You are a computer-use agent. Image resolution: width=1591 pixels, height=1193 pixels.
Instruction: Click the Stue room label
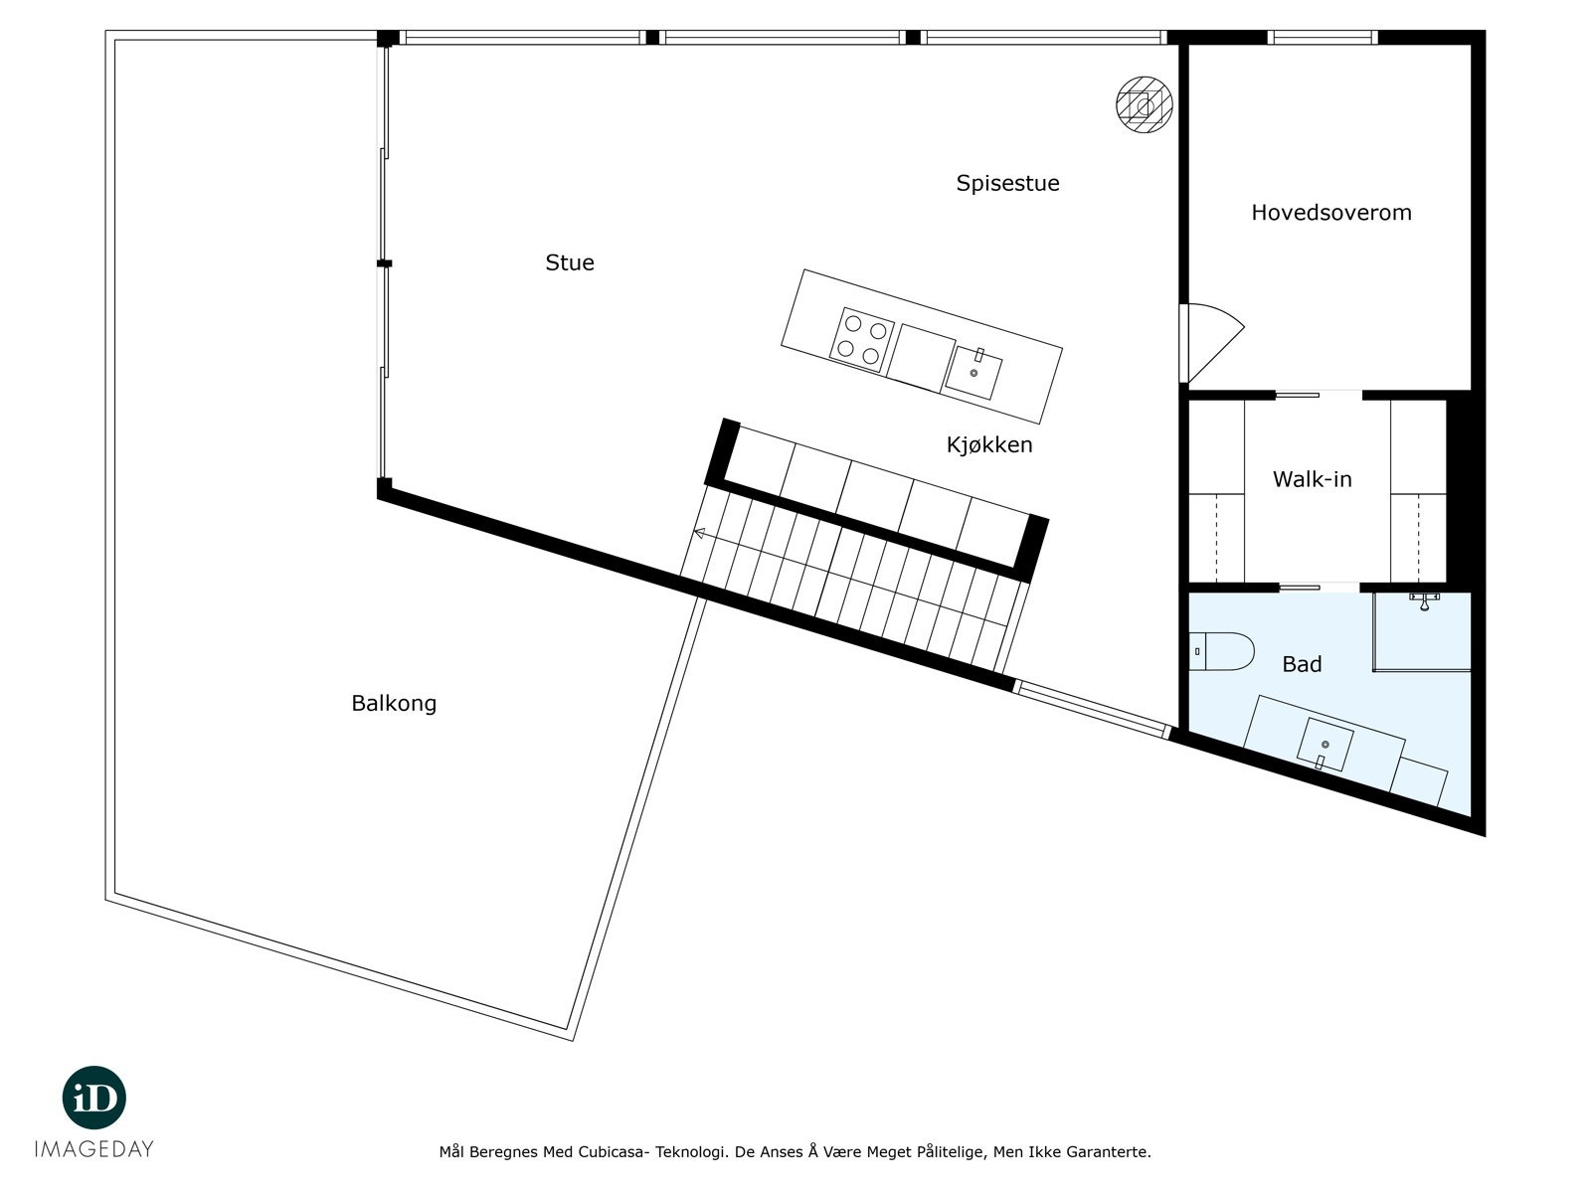(x=570, y=262)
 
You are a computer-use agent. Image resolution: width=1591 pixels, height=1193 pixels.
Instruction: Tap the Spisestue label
(x=1007, y=183)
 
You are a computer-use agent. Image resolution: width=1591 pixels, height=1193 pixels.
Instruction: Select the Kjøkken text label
(x=988, y=444)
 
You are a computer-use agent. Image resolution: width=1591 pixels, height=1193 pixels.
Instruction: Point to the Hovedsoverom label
(x=1330, y=212)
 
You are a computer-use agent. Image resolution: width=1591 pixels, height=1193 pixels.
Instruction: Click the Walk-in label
(x=1312, y=479)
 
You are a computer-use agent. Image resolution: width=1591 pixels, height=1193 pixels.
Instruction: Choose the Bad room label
(x=1301, y=664)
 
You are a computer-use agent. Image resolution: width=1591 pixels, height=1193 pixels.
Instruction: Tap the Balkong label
(x=394, y=703)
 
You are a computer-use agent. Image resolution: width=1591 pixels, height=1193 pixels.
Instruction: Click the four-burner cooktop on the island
(x=862, y=339)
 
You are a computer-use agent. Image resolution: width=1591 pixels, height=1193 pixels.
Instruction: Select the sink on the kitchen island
(x=973, y=371)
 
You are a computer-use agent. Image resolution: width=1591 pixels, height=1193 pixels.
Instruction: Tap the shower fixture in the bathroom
(x=1424, y=599)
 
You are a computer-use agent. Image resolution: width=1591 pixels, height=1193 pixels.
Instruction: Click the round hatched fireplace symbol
(x=1144, y=104)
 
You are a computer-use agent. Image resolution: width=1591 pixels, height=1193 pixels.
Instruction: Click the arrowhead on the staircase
(x=699, y=534)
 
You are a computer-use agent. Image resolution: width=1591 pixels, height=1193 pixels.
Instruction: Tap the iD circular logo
(x=94, y=1099)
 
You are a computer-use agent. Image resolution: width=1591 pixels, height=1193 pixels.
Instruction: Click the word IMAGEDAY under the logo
(x=94, y=1149)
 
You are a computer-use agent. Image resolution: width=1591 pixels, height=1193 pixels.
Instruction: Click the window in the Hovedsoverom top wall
(x=1322, y=38)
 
